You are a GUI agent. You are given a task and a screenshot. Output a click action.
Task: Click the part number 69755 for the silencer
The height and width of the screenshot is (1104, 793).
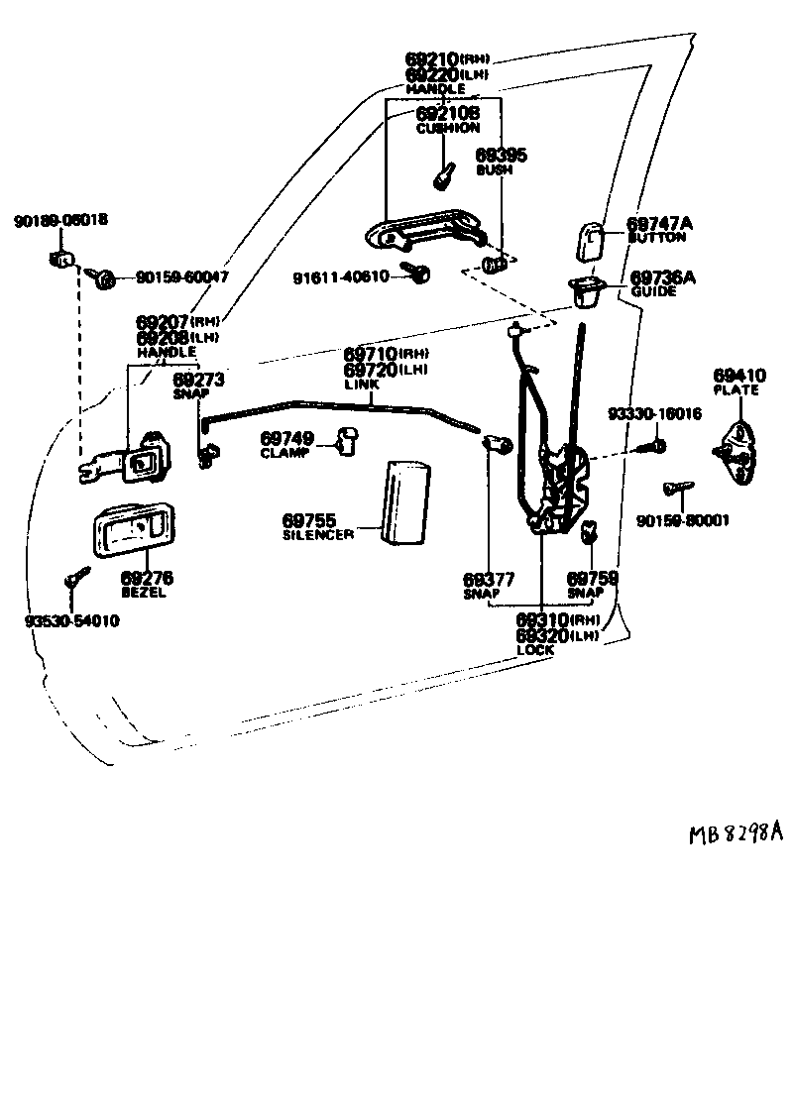308,519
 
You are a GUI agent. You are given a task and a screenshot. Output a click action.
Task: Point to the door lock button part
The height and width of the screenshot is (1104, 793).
593,241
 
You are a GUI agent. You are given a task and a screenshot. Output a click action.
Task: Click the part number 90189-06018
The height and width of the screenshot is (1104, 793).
60,219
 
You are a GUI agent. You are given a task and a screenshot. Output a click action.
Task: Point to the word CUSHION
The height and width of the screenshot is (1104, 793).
447,128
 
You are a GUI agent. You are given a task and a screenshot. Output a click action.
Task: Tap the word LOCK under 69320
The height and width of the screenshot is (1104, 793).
535,650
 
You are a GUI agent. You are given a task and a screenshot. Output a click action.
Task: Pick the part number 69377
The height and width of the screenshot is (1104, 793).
487,579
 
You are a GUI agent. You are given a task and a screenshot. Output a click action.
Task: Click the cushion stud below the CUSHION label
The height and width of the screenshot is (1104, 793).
442,177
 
